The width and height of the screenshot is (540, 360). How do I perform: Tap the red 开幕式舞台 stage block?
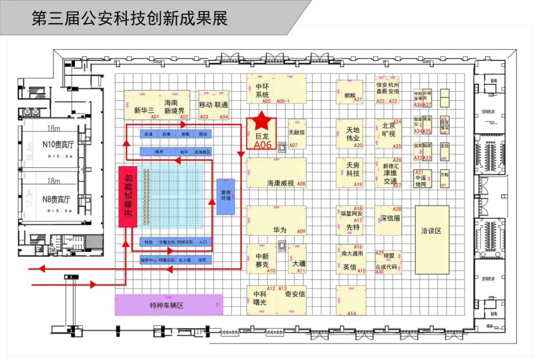click(127, 196)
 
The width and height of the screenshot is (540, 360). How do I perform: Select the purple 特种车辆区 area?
click(168, 304)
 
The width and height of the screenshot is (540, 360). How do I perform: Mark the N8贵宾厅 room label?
click(56, 199)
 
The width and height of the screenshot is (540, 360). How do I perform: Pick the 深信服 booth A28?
click(390, 218)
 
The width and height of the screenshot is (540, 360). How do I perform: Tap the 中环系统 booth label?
click(262, 90)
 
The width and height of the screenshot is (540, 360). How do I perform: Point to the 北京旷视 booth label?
click(388, 129)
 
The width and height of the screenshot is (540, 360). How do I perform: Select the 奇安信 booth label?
click(295, 294)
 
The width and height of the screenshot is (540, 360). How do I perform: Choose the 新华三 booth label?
click(144, 111)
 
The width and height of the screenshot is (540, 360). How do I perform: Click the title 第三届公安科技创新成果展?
click(129, 18)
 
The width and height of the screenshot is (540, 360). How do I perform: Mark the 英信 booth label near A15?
click(349, 267)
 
